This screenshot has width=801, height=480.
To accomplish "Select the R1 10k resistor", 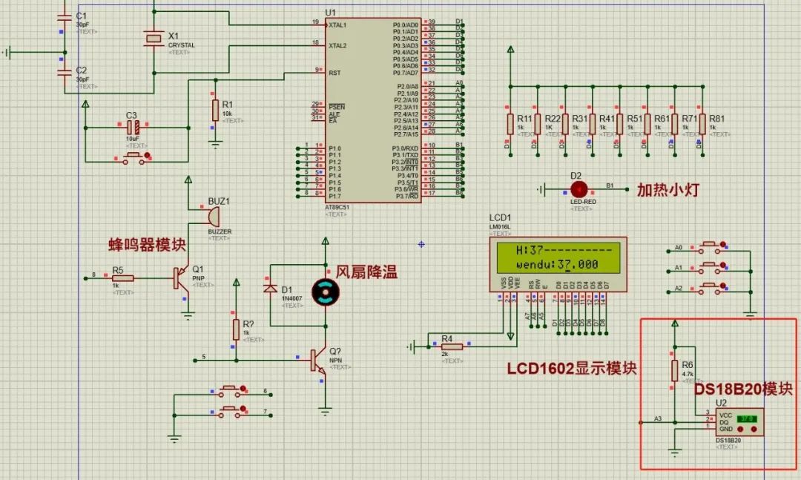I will tap(215, 111).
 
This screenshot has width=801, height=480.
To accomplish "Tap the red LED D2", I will tap(578, 189).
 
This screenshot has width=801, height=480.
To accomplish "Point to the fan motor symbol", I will tap(324, 292).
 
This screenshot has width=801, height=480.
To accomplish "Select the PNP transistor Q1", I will tap(181, 278).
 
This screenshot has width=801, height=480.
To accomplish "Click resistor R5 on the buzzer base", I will tap(124, 278).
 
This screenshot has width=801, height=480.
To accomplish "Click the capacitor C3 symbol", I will tap(133, 128).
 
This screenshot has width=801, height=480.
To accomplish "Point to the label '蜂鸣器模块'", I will tap(147, 244).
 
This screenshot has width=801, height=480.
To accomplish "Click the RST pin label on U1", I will tap(334, 73).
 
